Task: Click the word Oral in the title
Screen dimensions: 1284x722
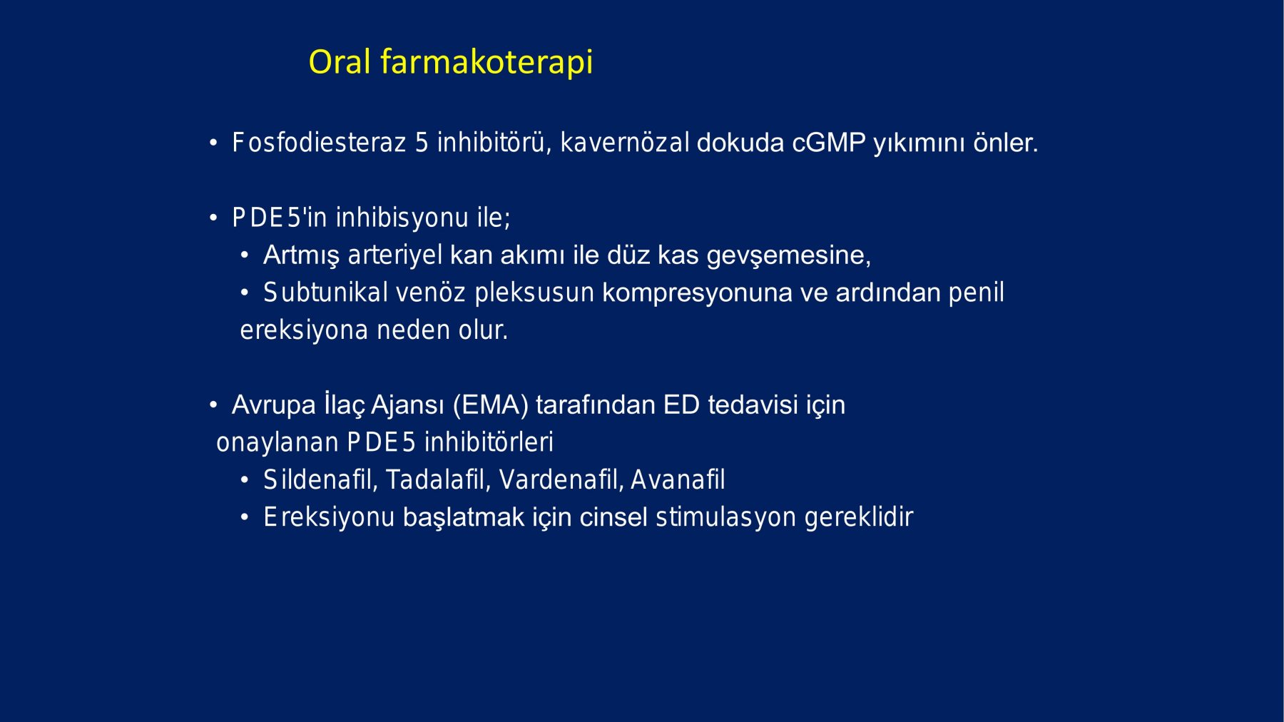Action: [340, 61]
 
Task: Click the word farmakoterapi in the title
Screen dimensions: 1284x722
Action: [486, 63]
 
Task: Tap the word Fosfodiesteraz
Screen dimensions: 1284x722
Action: [319, 143]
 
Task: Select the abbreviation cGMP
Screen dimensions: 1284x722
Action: [829, 143]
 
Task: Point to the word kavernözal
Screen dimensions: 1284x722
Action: [625, 143]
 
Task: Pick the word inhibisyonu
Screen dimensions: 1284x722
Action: [402, 218]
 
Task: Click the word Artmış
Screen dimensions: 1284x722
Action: [302, 255]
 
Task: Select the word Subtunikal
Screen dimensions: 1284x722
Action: [325, 293]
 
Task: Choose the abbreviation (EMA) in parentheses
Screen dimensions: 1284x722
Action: [491, 405]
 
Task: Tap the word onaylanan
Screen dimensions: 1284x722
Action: [277, 443]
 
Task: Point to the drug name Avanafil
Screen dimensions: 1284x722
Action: [678, 480]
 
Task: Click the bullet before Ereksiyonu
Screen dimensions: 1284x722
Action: [245, 517]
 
